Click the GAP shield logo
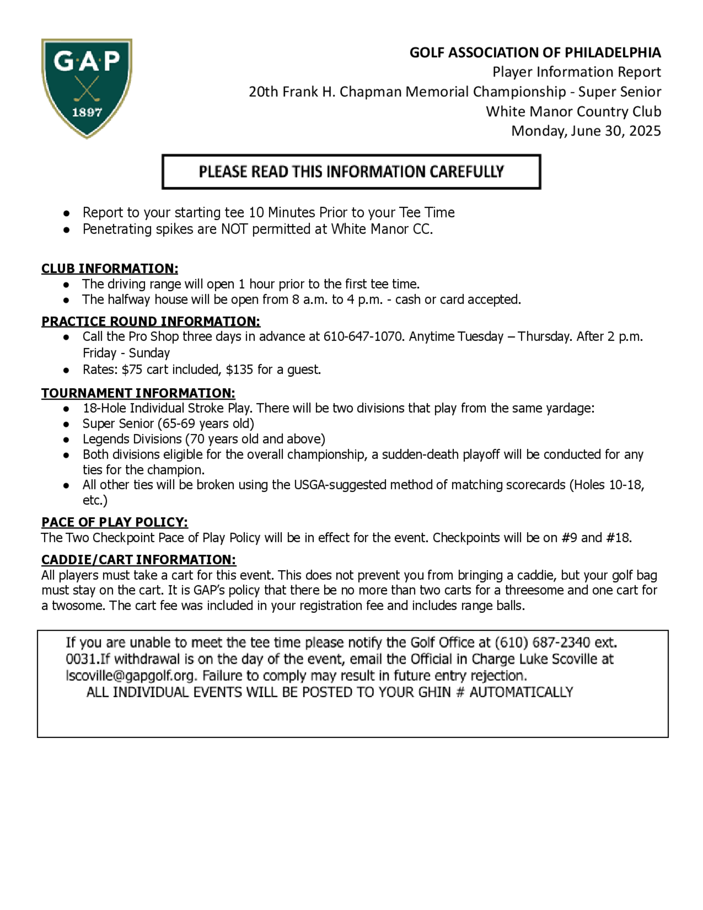click(x=86, y=88)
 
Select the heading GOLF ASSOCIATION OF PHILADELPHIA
click(x=535, y=53)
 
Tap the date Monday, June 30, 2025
click(x=586, y=131)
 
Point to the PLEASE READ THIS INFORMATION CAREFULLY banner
click(x=351, y=172)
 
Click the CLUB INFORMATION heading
click(x=110, y=269)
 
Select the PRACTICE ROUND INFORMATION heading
click(x=151, y=322)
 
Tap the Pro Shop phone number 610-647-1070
click(x=363, y=337)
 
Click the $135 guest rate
click(x=239, y=370)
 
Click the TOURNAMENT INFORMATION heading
click(x=138, y=393)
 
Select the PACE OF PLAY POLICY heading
click(x=115, y=523)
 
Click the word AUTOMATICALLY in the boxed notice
click(x=521, y=692)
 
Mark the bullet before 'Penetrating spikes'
click(x=66, y=230)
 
